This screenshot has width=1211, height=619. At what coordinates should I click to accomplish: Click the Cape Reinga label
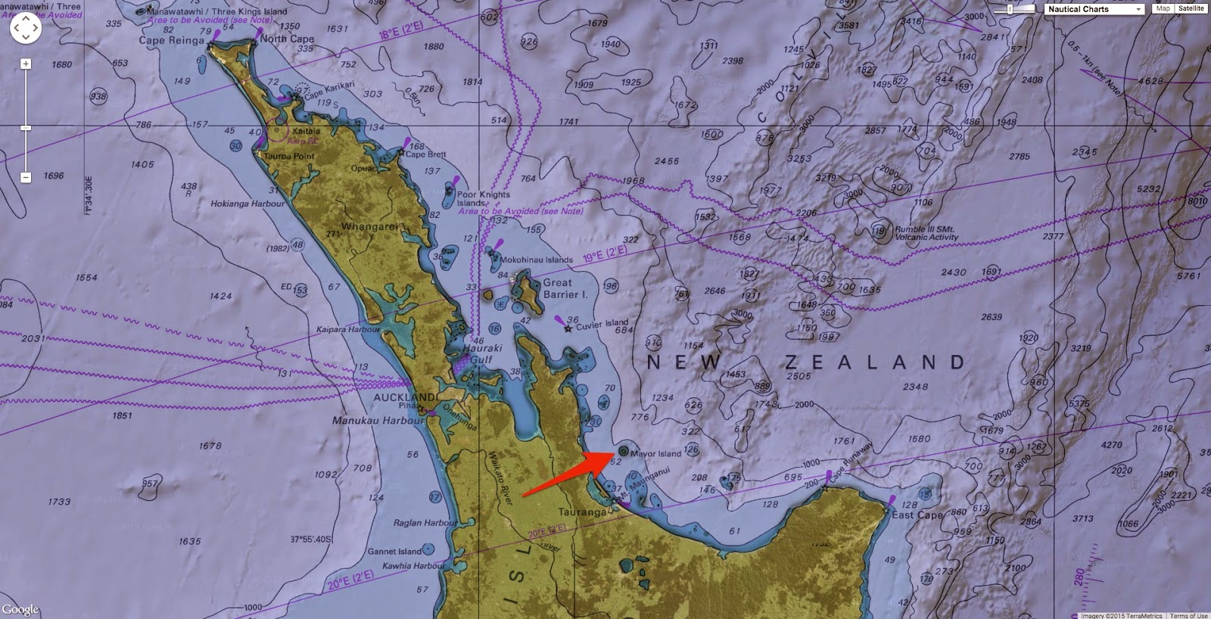(x=171, y=40)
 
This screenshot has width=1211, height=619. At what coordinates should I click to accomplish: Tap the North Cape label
(x=287, y=39)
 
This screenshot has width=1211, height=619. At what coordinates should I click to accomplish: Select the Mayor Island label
(x=655, y=454)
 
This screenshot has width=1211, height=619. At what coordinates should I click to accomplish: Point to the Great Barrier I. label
(x=565, y=288)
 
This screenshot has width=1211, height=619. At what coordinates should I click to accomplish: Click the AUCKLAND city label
(x=405, y=397)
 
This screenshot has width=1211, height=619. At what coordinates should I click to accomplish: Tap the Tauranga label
(x=583, y=512)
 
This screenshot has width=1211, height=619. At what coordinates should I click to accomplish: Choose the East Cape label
(x=917, y=515)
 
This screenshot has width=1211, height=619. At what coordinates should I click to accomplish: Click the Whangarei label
(x=369, y=227)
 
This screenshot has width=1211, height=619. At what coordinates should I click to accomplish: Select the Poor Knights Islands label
(x=483, y=198)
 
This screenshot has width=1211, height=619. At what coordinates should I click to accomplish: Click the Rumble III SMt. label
(x=925, y=229)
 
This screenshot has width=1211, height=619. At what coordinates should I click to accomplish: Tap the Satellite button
(x=1191, y=8)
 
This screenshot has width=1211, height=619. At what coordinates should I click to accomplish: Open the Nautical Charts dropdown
(x=1094, y=9)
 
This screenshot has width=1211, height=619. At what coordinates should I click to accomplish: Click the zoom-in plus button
(x=26, y=64)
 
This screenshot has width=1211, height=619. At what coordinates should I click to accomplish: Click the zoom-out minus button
(x=26, y=177)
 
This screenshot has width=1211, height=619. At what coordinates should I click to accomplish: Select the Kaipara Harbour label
(x=348, y=330)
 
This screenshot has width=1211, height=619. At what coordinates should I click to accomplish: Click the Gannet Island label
(x=394, y=552)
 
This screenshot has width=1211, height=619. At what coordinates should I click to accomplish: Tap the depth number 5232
(x=1148, y=189)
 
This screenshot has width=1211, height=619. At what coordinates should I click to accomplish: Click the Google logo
(x=20, y=610)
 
